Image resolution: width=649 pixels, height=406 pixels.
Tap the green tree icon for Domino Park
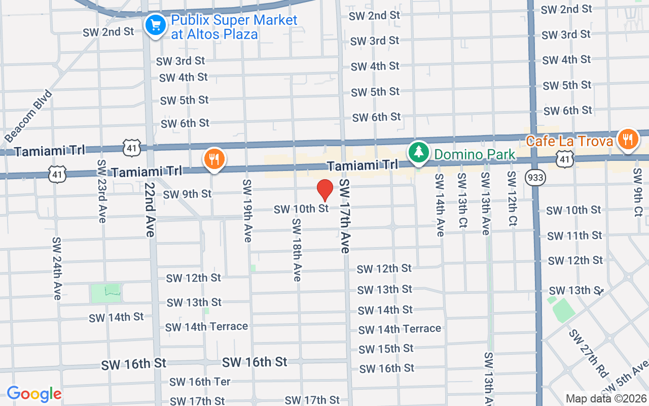[418, 152]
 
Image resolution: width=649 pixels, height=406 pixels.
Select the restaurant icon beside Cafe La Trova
[628, 139]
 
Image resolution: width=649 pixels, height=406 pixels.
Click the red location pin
[324, 190]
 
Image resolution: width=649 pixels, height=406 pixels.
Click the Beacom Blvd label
[28, 116]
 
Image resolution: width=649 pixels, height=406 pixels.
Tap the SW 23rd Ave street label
[102, 191]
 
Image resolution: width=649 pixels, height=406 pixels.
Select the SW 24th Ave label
[56, 268]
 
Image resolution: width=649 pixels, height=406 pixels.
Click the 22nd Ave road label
[149, 203]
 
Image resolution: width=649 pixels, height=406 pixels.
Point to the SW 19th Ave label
[247, 210]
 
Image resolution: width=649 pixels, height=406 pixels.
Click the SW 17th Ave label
[345, 216]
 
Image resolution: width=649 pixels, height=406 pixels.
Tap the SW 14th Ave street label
[439, 205]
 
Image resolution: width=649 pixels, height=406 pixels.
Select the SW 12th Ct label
[512, 198]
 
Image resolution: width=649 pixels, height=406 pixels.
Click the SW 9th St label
[187, 194]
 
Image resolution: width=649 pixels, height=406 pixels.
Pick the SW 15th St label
[386, 349]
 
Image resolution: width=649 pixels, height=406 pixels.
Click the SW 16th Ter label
[200, 382]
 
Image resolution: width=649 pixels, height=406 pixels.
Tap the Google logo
[34, 394]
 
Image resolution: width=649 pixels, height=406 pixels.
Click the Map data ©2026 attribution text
[606, 398]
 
